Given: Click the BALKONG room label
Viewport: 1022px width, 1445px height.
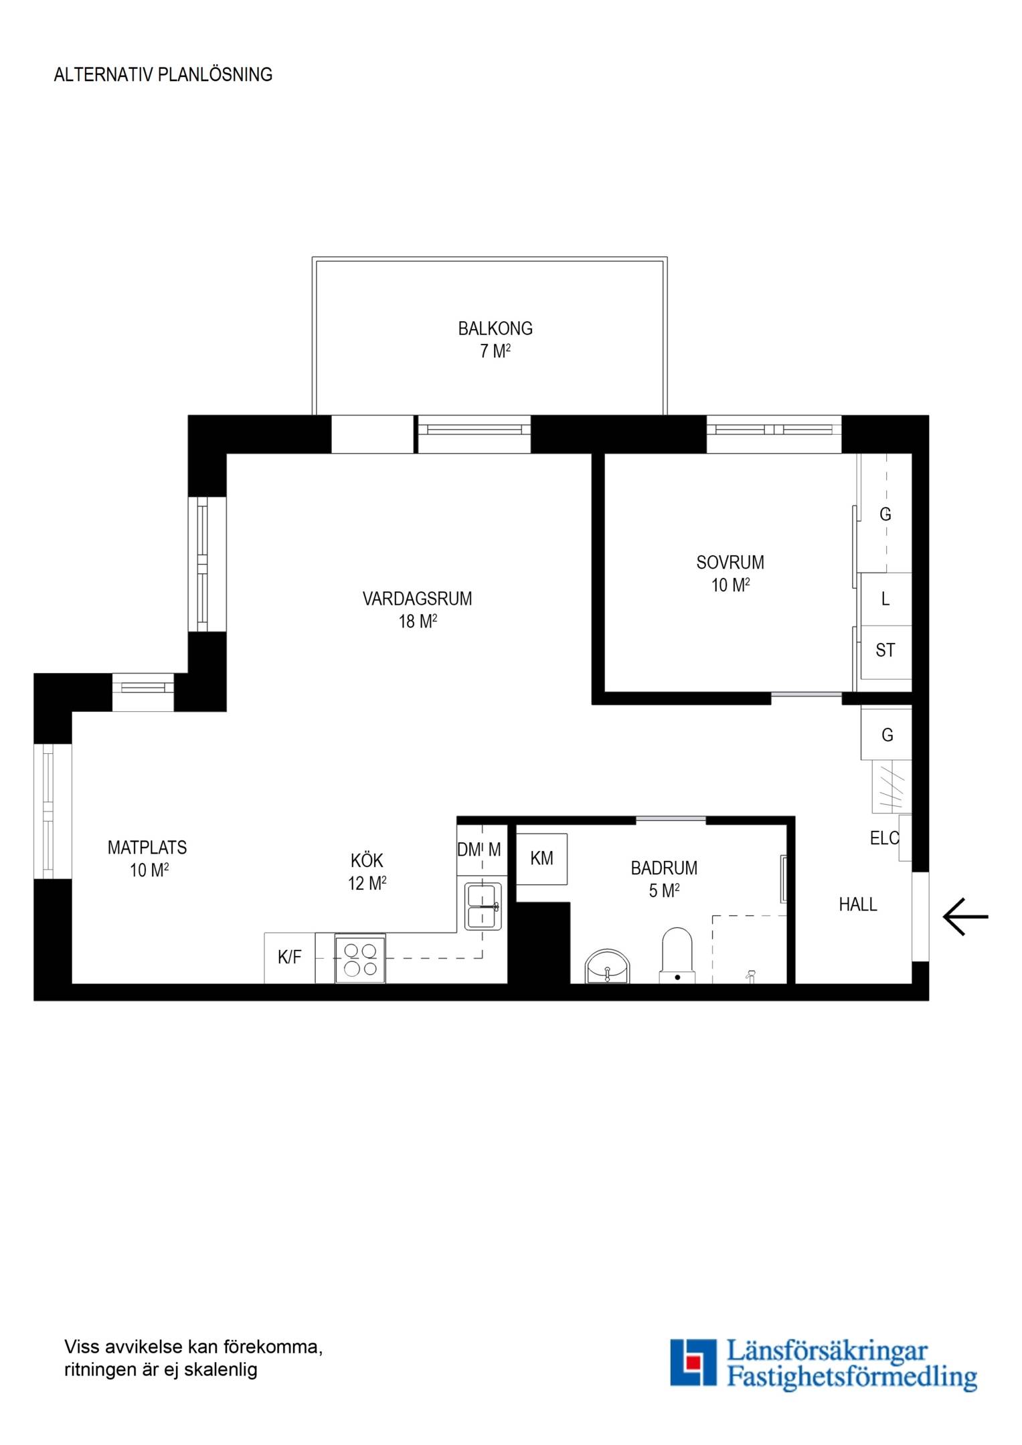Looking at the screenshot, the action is [x=495, y=328].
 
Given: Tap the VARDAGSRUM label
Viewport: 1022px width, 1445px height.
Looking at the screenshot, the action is [x=417, y=599].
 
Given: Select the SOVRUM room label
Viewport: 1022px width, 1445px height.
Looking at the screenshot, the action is [x=730, y=563].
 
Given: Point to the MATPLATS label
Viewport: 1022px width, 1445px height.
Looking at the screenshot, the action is [x=147, y=848].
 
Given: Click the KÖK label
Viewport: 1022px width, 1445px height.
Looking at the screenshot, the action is [x=367, y=860].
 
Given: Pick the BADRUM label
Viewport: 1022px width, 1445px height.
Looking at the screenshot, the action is [x=664, y=868].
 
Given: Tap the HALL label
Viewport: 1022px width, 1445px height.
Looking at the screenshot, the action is [x=858, y=904].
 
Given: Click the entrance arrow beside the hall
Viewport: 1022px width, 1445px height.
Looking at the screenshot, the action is [x=966, y=916].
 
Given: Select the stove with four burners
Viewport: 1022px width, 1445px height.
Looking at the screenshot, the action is [x=360, y=959].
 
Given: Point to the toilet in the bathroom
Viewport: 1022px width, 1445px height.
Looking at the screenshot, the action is [x=677, y=955].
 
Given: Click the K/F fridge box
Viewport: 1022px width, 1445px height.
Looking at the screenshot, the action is [x=290, y=958].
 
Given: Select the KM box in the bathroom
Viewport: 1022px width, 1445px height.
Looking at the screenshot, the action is [x=542, y=859].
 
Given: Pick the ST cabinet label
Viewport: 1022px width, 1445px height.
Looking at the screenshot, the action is [x=885, y=650].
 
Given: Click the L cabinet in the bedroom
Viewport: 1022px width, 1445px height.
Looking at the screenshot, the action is [x=885, y=599].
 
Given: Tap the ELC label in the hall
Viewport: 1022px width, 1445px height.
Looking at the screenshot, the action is [x=884, y=838].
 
